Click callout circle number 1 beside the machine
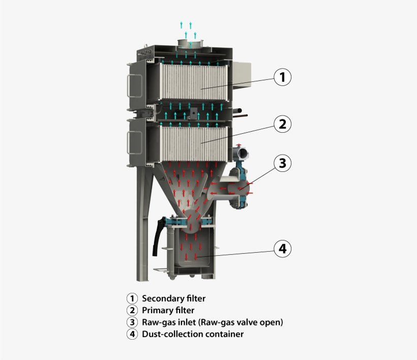tap(283, 77)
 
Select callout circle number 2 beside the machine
tap(283, 124)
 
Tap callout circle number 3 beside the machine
tap(283, 163)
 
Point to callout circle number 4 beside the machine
tap(283, 249)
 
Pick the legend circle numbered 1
tap(132, 298)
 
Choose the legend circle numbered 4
tap(132, 334)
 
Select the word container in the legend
tap(224, 334)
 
